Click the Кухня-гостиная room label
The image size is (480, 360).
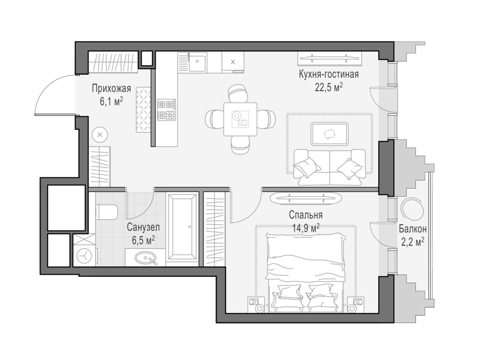(x=329, y=74)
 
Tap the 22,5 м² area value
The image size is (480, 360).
(x=329, y=87)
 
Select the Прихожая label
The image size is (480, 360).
(x=111, y=89)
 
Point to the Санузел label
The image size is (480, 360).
(x=143, y=227)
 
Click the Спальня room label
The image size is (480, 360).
(x=306, y=215)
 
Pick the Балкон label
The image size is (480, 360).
(x=413, y=229)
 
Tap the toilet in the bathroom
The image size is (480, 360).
(x=107, y=212)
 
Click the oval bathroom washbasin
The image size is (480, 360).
(x=146, y=258)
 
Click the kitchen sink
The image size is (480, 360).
(x=197, y=61)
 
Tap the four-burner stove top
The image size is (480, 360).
(x=166, y=109)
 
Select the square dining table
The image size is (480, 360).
(x=241, y=119)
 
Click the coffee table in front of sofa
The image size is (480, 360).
(x=330, y=134)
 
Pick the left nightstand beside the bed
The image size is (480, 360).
(x=256, y=305)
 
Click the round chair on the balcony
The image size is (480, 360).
(x=413, y=209)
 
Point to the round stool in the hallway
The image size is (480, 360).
(x=100, y=135)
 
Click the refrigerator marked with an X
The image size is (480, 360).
(x=233, y=62)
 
